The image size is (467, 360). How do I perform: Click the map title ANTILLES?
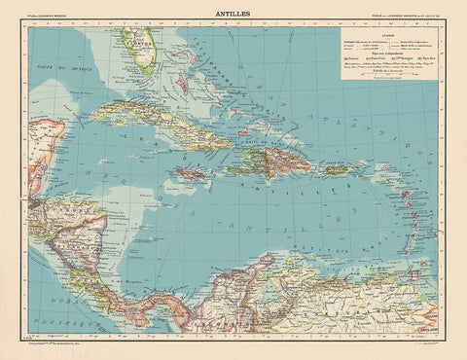point(233,13)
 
